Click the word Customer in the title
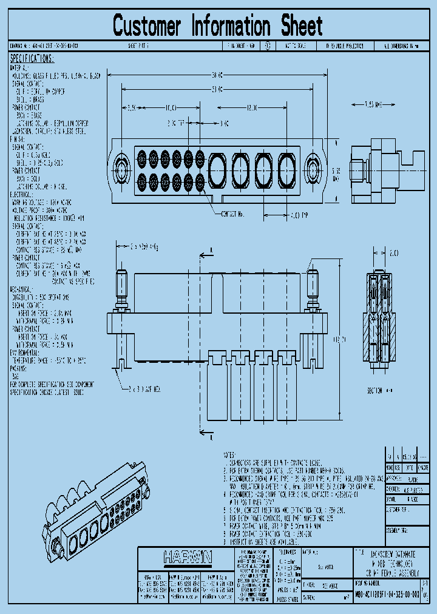tap(147, 26)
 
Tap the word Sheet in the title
tap(301, 26)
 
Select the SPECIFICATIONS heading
tap(32, 59)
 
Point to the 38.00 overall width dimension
tap(217, 75)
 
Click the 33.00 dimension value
tap(217, 89)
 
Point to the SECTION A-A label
tap(379, 391)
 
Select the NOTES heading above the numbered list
tap(229, 454)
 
